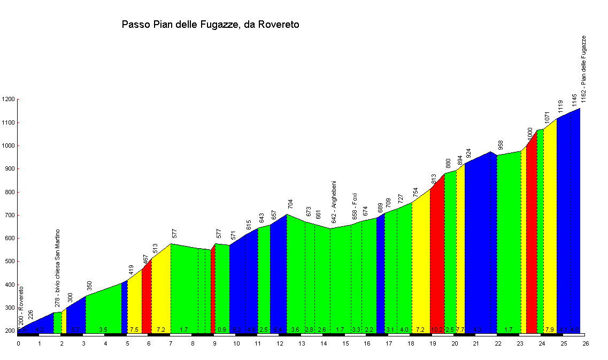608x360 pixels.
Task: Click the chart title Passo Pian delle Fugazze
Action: [210, 25]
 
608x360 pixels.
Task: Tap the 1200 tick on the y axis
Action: [9, 99]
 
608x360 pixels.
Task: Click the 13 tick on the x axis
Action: [302, 343]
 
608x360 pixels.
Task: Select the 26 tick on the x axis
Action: [586, 343]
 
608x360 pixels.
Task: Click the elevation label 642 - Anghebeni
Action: [334, 202]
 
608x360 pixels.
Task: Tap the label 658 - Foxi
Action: [355, 206]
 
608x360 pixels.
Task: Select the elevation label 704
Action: [291, 203]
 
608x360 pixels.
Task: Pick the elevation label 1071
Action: [547, 117]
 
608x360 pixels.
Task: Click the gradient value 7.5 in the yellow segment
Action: [134, 330]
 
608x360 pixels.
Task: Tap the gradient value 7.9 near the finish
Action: [550, 330]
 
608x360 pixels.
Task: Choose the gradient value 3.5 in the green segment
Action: [103, 330]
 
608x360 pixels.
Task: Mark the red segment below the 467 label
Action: [147, 300]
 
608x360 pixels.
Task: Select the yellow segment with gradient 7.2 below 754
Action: [421, 267]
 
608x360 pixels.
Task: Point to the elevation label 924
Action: [468, 154]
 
